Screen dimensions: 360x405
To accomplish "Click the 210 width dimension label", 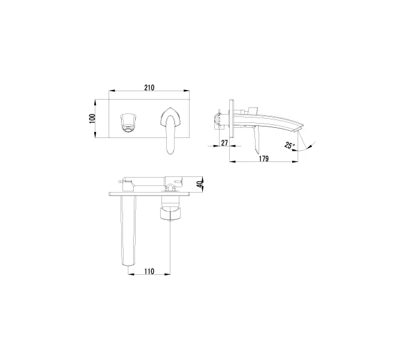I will tap(149, 88).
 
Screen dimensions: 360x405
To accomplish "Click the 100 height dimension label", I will tap(92, 118).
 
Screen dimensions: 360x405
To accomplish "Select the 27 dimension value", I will tap(224, 142).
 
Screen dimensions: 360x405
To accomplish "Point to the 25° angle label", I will tap(290, 146).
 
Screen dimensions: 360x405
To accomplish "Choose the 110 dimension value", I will tap(149, 271).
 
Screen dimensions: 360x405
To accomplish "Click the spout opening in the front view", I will tap(128, 120).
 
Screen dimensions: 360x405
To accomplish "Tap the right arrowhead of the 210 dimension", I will tap(189, 92).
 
